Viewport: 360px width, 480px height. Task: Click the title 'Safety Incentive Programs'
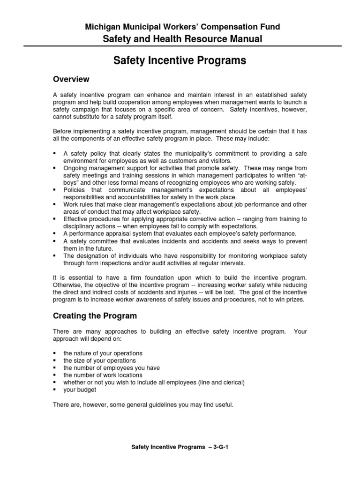[180, 61]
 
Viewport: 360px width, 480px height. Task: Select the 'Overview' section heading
[71, 79]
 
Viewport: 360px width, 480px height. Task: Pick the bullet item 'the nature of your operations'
[103, 353]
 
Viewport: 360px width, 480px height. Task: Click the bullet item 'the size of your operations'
[99, 360]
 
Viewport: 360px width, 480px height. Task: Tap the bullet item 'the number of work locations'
[103, 375]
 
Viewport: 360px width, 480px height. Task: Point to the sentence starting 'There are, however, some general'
[142, 405]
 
